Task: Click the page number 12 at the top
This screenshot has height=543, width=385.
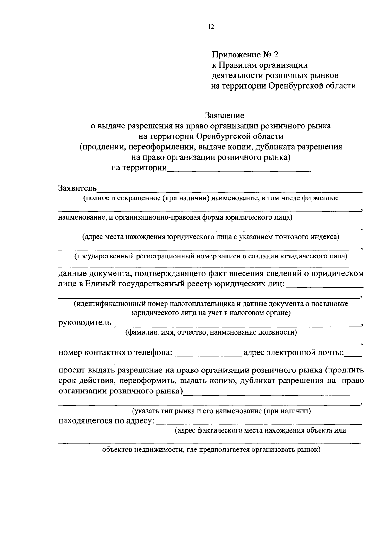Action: [211, 27]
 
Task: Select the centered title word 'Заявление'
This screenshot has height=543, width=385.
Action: [225, 115]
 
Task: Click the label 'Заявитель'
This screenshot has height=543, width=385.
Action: [77, 188]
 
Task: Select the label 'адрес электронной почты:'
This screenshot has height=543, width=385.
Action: [294, 353]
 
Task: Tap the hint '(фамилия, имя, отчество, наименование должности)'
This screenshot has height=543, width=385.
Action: [211, 332]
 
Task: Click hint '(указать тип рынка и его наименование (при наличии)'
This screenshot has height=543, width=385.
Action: [221, 411]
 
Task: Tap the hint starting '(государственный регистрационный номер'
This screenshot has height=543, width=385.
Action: [211, 256]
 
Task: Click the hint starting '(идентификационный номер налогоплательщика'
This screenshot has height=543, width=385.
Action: [211, 304]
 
